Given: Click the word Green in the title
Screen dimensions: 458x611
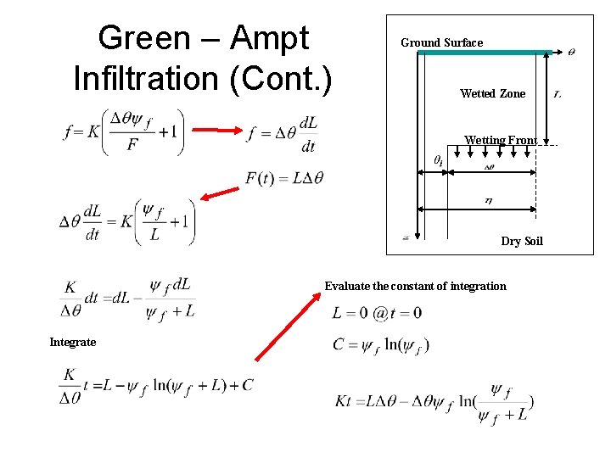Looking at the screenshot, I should coord(143,38).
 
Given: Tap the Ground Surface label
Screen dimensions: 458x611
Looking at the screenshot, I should coord(441,42).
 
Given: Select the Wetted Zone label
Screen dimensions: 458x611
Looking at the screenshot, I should coord(492,93).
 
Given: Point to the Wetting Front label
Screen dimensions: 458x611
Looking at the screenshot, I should coord(500,140).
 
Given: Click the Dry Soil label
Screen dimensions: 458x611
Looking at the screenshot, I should coord(521,241).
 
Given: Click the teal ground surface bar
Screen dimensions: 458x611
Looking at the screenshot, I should coord(485,53).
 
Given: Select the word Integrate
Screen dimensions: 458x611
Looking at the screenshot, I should coord(72,342).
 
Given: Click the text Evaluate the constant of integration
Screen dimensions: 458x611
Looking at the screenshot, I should coord(415,286).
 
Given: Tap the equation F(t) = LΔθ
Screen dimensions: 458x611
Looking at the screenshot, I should coord(283,178).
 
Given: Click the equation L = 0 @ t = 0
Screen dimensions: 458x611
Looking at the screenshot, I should coord(377,313).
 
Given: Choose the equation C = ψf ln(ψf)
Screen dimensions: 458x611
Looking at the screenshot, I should coord(381,345).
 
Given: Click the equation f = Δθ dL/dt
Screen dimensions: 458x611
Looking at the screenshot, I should coord(283,133).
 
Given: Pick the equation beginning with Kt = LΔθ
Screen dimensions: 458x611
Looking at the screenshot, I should coord(434,404).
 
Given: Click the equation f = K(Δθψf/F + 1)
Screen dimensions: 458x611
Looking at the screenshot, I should coord(123,132).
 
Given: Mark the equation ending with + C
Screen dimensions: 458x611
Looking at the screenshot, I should coord(156,386).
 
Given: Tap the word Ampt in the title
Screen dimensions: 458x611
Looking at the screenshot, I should coord(269,38).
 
